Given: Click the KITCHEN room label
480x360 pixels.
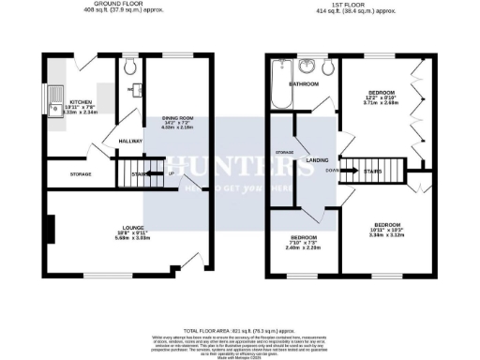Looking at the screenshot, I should coord(80,101).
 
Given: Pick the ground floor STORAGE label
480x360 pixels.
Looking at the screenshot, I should coord(81,174).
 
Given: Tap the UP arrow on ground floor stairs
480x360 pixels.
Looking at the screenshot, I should coord(171,174).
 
